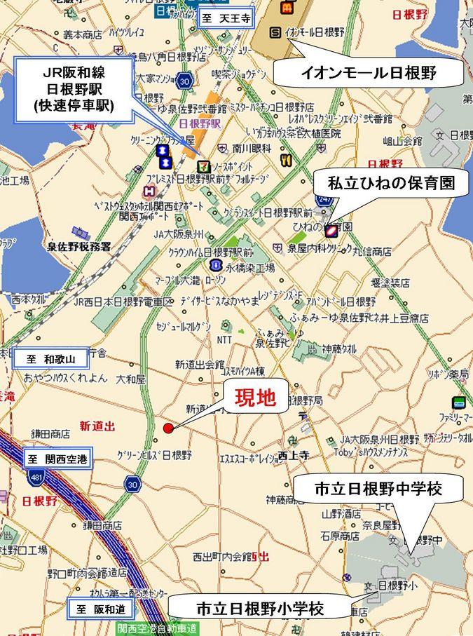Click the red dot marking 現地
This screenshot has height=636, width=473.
pyautogui.click(x=167, y=428)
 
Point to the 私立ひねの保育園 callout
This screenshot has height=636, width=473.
pyautogui.click(x=391, y=184)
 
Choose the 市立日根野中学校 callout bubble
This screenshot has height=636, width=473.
pyautogui.click(x=378, y=488)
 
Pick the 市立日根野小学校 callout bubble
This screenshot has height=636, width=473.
pyautogui.click(x=259, y=607)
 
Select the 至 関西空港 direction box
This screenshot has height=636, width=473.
pyautogui.click(x=59, y=460)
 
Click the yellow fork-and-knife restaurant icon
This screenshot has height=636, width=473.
pyautogui.click(x=284, y=160)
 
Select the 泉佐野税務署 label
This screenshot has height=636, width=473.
pyautogui.click(x=79, y=246)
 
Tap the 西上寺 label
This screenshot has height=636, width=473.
pyautogui.click(x=294, y=455)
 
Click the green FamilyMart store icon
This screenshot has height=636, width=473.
pyautogui.click(x=459, y=402)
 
